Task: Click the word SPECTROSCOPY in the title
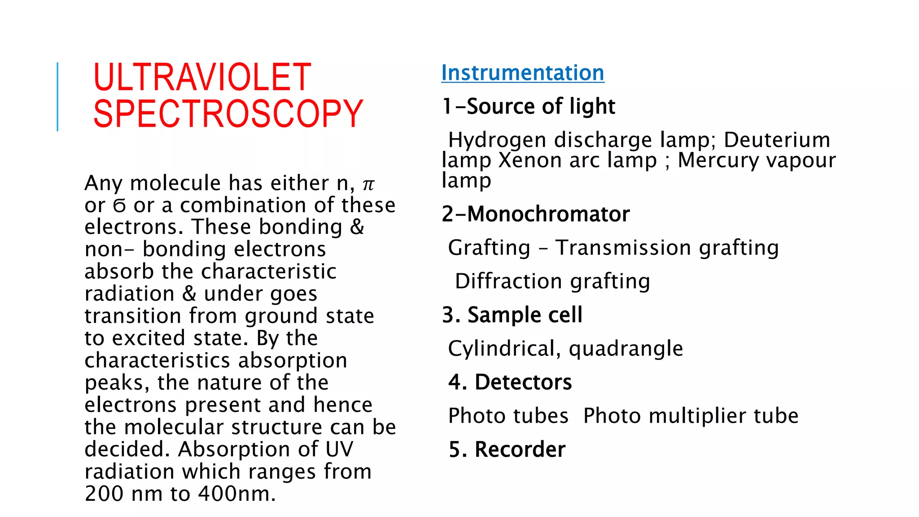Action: (228, 114)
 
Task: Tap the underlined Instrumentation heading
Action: (523, 73)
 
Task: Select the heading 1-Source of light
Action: (529, 107)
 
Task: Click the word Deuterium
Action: (777, 140)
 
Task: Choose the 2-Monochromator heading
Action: (536, 214)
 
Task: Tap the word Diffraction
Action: (508, 281)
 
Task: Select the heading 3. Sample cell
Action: (512, 315)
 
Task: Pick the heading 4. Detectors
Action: (510, 382)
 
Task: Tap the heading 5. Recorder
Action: (507, 450)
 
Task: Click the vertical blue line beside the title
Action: (57, 96)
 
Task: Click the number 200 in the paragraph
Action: (104, 494)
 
